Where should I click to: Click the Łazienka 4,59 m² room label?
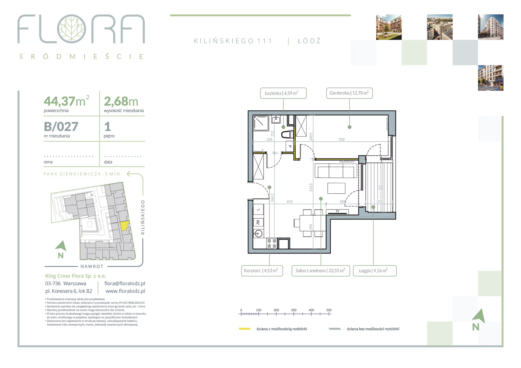pyautogui.click(x=283, y=93)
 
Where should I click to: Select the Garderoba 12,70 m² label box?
pyautogui.click(x=349, y=93)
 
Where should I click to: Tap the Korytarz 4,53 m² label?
pyautogui.click(x=262, y=271)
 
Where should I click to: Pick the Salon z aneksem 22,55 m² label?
pyautogui.click(x=321, y=271)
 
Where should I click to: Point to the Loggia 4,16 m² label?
pyautogui.click(x=375, y=271)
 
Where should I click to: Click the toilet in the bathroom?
pyautogui.click(x=287, y=134)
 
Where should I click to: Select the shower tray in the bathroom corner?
pyautogui.click(x=261, y=123)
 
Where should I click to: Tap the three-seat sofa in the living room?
pyautogui.click(x=336, y=171)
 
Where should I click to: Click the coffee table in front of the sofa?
pyautogui.click(x=336, y=188)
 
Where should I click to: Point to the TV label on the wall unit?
pyautogui.click(x=337, y=211)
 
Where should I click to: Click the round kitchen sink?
pyautogui.click(x=258, y=233)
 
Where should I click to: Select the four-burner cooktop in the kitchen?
pyautogui.click(x=272, y=243)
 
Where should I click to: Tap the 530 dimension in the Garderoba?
pyautogui.click(x=342, y=139)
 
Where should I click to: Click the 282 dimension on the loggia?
pyautogui.click(x=380, y=187)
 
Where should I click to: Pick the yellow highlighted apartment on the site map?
pyautogui.click(x=125, y=225)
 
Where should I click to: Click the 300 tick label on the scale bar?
pyautogui.click(x=294, y=310)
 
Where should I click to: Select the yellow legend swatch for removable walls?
pyautogui.click(x=245, y=329)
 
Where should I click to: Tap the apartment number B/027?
pyautogui.click(x=61, y=127)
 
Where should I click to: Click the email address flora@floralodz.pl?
pyautogui.click(x=125, y=283)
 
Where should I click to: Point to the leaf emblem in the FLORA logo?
pyautogui.click(x=71, y=29)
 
